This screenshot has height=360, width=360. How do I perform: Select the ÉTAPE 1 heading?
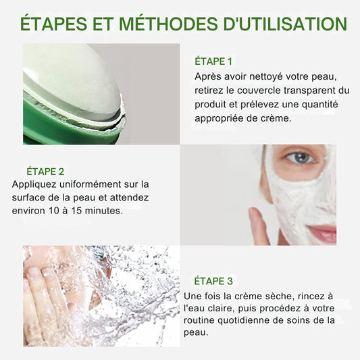tap(213, 61)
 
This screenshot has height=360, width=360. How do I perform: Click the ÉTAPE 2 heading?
tap(46, 171)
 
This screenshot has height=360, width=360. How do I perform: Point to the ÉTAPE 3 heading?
tap(213, 281)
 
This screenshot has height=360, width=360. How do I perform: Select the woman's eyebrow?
tap(297, 147)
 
